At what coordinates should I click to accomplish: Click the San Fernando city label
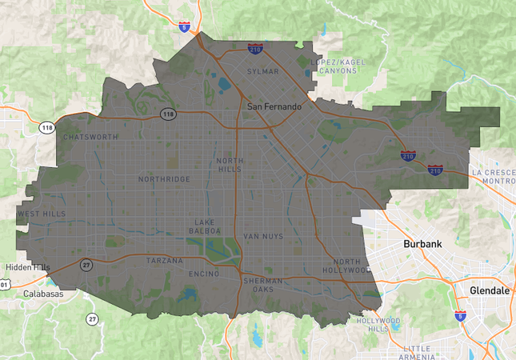point(274,106)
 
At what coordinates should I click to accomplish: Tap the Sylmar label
point(263,71)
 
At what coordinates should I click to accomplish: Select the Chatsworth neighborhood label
point(90,137)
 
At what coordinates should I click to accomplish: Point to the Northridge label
point(164,179)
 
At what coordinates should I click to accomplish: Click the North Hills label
point(230,165)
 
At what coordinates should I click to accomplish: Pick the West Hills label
point(42,214)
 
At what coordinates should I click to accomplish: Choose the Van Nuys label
point(263,237)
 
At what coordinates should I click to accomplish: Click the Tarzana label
point(165,261)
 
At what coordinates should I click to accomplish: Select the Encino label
point(204,274)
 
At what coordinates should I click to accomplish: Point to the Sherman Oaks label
point(261,285)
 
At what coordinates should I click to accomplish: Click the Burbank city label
point(421,243)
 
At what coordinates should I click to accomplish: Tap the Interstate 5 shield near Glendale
point(460,317)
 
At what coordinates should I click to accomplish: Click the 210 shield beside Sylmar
point(255,50)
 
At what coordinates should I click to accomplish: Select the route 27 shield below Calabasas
point(92,319)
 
